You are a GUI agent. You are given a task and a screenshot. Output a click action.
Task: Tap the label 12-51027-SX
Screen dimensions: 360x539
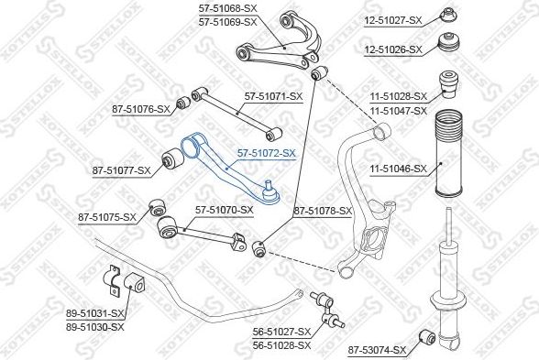(392, 19)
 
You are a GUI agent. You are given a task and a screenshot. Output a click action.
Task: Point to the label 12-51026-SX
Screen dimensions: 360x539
(392, 49)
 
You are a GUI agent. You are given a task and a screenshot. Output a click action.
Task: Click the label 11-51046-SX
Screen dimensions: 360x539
(398, 169)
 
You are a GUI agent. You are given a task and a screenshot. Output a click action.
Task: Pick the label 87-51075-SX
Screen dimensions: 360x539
(107, 217)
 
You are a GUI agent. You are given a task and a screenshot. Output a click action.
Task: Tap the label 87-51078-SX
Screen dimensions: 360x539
(323, 212)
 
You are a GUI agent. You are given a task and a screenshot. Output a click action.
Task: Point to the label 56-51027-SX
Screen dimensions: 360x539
(283, 332)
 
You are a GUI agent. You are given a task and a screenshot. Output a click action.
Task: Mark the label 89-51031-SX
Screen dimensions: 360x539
(95, 315)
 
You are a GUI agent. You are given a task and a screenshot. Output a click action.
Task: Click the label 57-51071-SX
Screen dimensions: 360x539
(274, 95)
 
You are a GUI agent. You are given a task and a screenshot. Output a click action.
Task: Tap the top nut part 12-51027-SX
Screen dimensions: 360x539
(448, 16)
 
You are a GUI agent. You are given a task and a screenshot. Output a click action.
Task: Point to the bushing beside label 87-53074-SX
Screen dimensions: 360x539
(425, 336)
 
